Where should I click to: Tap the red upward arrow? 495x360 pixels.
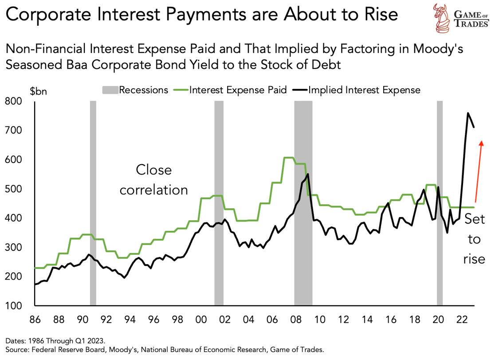[479, 171]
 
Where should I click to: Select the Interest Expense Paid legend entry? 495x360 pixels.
[232, 90]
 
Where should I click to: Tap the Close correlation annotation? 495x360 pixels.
[153, 180]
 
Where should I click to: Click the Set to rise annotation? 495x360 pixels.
[474, 239]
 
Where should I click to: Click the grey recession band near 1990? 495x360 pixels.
[93, 200]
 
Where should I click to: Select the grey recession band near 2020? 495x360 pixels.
[440, 200]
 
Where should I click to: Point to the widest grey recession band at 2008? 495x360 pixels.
[303, 200]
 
